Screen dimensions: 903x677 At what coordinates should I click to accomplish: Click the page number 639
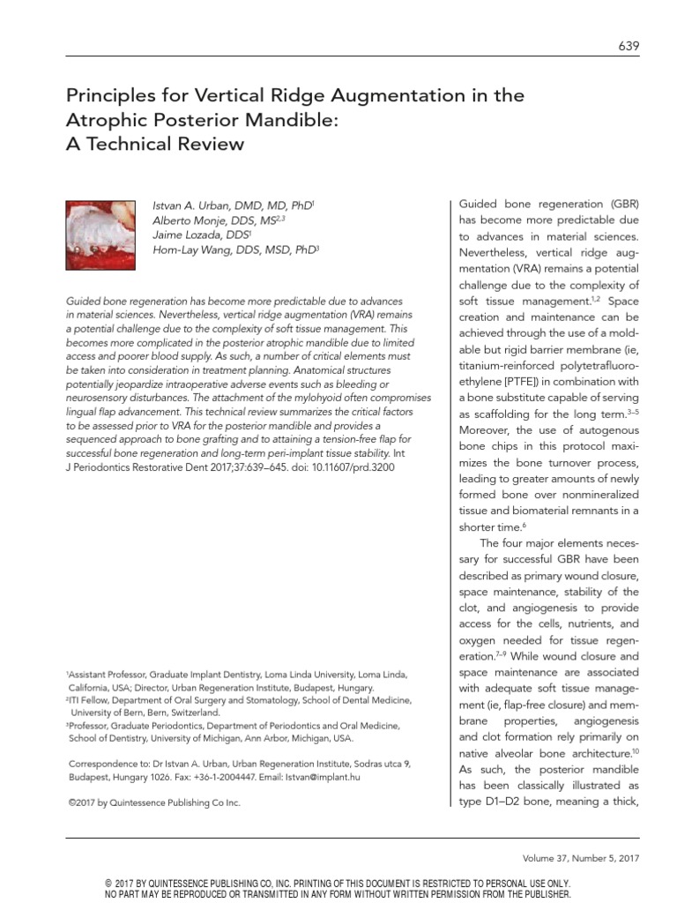tap(629, 46)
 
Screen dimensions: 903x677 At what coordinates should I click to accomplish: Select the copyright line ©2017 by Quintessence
tap(153, 802)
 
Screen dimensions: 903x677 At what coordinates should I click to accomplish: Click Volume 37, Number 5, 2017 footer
tap(583, 858)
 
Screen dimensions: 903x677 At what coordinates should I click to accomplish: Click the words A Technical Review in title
tap(154, 142)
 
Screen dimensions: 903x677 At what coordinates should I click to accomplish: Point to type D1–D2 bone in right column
tap(500, 801)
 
